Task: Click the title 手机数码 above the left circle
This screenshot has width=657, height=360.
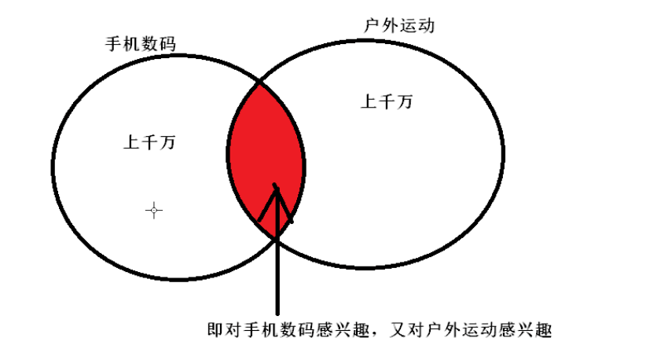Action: (140, 43)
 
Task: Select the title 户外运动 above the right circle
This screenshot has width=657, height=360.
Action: (399, 25)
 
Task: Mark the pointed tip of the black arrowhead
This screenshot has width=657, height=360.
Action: (275, 186)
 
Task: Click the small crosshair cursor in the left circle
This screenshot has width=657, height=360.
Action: (154, 210)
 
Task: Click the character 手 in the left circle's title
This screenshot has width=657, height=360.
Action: (114, 43)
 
